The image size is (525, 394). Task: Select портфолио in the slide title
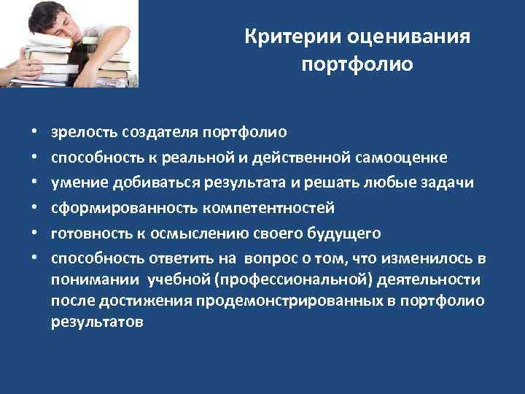(357, 65)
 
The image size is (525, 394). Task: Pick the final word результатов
(97, 321)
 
